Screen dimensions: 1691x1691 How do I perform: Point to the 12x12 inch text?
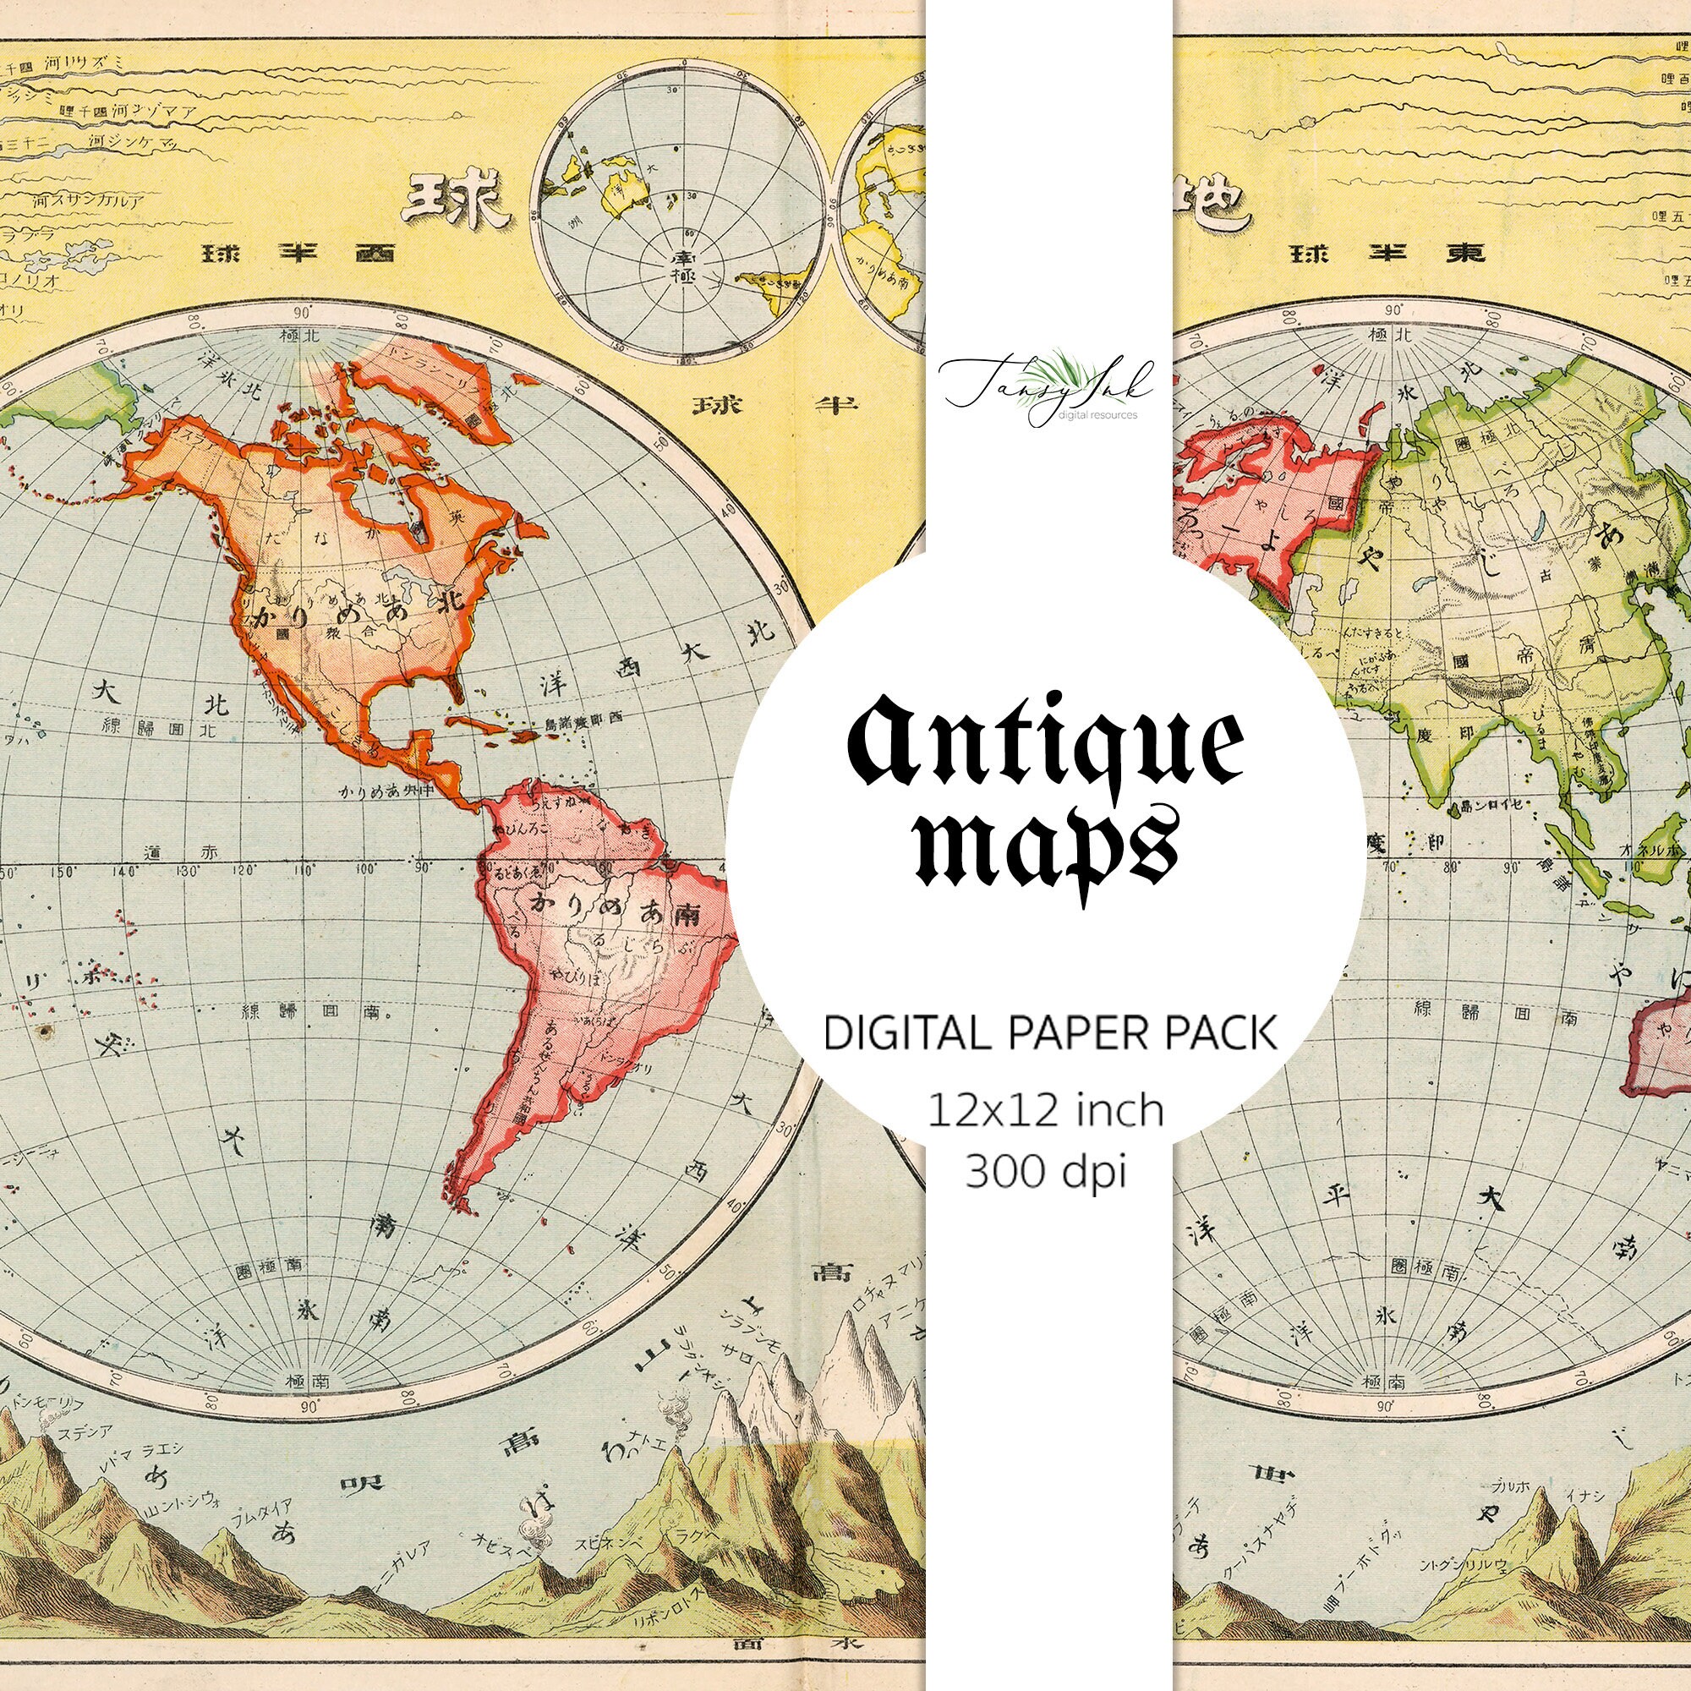[x=1045, y=1111]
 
